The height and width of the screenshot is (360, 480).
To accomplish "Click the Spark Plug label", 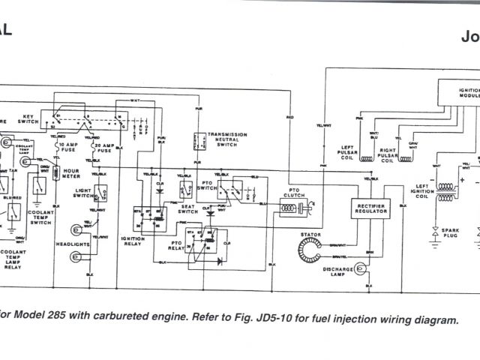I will (452, 232).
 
